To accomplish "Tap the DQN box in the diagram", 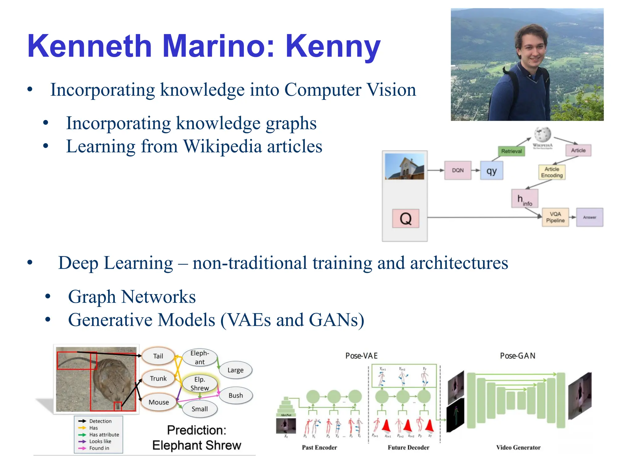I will (x=458, y=170).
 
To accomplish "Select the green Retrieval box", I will (x=511, y=151).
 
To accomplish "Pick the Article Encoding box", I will (x=552, y=172).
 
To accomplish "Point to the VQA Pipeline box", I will (x=555, y=217).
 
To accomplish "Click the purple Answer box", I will (x=589, y=217).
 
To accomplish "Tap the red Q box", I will (x=405, y=218).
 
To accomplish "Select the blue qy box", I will (x=492, y=170).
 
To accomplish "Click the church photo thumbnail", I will (x=405, y=167).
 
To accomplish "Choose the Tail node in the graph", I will (x=158, y=356).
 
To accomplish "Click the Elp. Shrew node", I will (x=200, y=384).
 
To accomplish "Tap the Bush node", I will (x=236, y=395).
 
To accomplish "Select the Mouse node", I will (x=159, y=402).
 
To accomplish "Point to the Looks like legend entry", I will (x=100, y=441).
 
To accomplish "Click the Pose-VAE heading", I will (x=361, y=356).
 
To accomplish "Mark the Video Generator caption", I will (x=518, y=447).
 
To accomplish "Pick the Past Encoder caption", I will (x=319, y=447).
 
